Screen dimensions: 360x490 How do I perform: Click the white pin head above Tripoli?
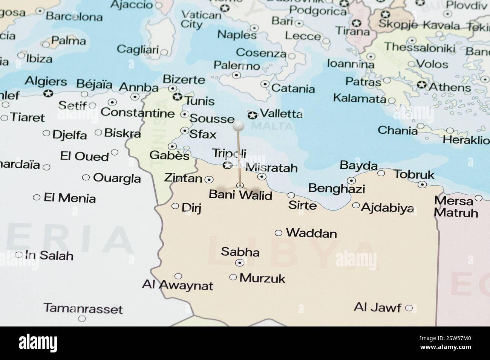[x=239, y=126]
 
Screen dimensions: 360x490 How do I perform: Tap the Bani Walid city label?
[x=240, y=195]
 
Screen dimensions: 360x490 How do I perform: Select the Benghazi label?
[x=336, y=188]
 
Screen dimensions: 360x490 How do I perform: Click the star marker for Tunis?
[x=177, y=97]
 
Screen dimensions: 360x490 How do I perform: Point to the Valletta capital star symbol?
[x=252, y=114]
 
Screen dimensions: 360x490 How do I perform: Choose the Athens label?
[x=450, y=87]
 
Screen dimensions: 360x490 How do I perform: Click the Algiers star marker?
[x=48, y=93]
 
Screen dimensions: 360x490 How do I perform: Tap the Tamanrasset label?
[x=83, y=309]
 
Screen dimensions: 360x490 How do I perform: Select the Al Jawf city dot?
[x=409, y=308]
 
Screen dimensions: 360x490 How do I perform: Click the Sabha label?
[x=240, y=252]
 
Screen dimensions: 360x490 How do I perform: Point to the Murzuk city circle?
[x=233, y=278]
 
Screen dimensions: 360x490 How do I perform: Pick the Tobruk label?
[x=414, y=175]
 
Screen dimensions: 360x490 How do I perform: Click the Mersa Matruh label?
[x=456, y=207]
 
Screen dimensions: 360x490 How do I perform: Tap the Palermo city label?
[x=237, y=66]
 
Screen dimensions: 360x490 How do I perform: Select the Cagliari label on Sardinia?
[x=138, y=49]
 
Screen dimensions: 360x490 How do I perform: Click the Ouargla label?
[x=117, y=178]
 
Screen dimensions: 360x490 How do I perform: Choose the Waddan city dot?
[x=279, y=233]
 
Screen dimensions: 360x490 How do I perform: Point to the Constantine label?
[x=138, y=113]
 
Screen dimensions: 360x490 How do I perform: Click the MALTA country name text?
[x=272, y=126]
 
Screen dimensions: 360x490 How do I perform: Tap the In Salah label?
[x=49, y=255]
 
